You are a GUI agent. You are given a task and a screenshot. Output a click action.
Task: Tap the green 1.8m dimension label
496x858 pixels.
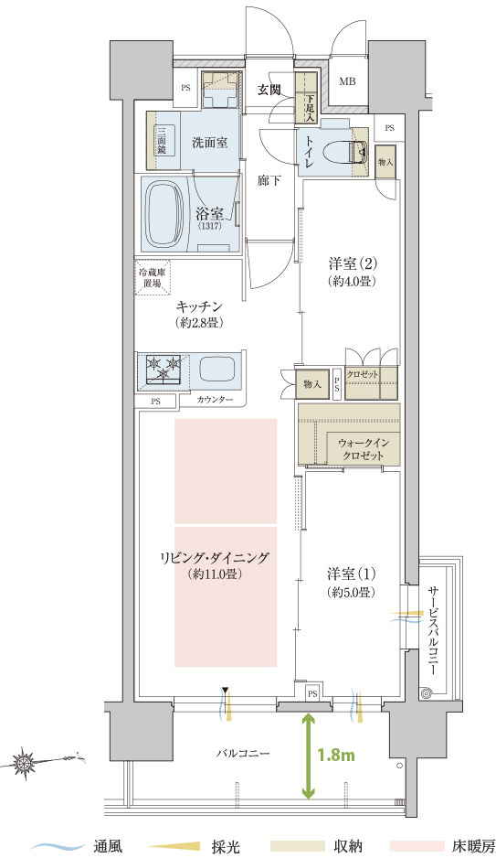click(336, 756)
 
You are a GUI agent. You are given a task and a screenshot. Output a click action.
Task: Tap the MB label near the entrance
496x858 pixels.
click(347, 82)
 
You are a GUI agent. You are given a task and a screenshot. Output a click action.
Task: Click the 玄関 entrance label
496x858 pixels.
click(269, 90)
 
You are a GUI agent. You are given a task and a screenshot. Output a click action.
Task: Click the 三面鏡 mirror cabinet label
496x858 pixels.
click(162, 141)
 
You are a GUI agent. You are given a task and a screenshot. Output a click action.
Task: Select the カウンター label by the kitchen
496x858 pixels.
click(215, 400)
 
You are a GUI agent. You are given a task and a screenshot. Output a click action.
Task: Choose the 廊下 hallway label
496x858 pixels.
click(269, 180)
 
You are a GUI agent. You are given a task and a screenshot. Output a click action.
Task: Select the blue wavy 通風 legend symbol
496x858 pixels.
click(56, 846)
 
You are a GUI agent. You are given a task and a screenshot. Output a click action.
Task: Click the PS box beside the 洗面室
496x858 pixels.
click(185, 88)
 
